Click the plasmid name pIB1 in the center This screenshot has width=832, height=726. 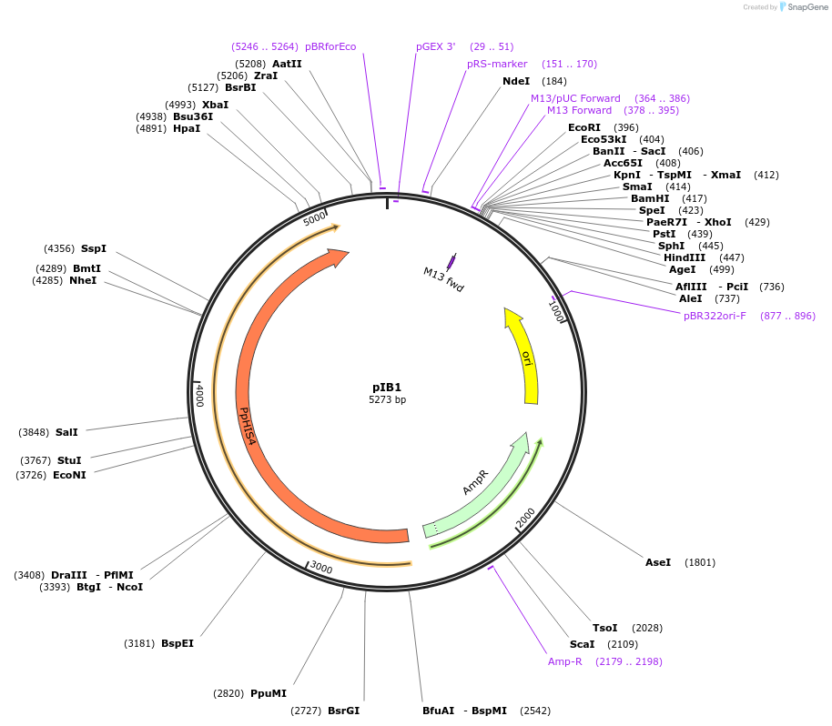(387, 387)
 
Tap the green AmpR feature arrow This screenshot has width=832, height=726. (476, 483)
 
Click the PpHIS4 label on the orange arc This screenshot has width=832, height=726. (245, 425)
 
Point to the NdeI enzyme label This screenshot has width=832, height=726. (515, 81)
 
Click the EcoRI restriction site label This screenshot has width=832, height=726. (584, 127)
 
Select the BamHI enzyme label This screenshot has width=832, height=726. (650, 198)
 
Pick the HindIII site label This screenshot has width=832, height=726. (685, 257)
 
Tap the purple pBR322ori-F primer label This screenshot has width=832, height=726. (715, 316)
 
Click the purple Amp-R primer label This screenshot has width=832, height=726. (564, 661)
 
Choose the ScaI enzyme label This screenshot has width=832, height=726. (582, 644)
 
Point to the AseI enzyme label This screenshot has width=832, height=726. (657, 562)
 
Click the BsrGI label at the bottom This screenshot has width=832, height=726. (343, 711)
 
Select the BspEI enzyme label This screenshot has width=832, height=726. (178, 643)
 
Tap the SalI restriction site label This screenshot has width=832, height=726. (66, 432)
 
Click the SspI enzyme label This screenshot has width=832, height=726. (94, 248)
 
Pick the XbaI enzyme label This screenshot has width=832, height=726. (215, 105)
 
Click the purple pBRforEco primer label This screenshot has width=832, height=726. (330, 46)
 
